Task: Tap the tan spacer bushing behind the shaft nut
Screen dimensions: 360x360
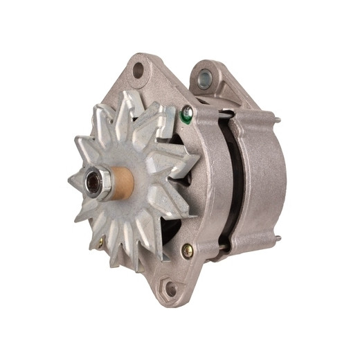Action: pos(122,182)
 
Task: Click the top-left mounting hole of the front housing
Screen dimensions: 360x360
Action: pos(138,70)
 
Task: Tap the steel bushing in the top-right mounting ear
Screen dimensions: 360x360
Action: pos(204,79)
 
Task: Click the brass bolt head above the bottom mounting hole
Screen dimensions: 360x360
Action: pos(186,251)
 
